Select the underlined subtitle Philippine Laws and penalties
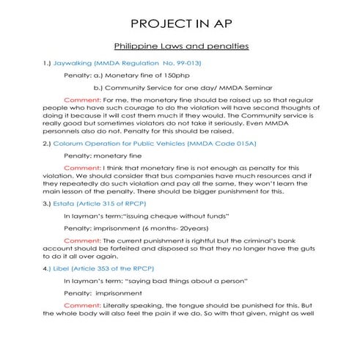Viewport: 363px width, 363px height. click(181, 45)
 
